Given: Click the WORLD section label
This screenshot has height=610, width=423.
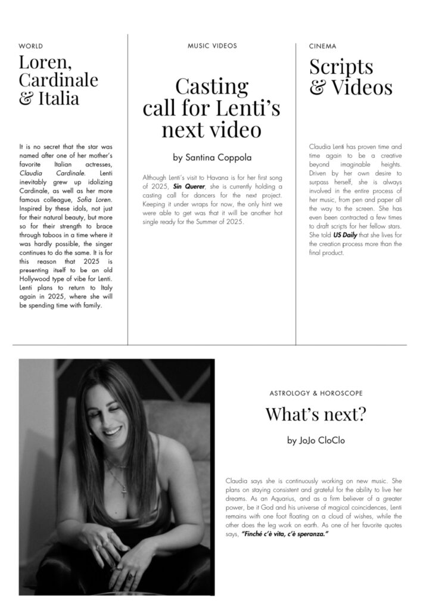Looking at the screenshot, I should [x=30, y=46].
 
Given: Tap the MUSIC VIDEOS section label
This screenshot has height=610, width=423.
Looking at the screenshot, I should [x=212, y=46].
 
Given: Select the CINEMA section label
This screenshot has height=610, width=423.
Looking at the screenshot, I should [x=322, y=46].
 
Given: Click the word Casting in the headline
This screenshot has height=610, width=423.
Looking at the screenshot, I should [x=211, y=87].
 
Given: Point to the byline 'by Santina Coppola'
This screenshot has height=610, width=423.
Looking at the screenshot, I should [x=211, y=158].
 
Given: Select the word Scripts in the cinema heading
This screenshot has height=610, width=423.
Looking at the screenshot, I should [x=341, y=66].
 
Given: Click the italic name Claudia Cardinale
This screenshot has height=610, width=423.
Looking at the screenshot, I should [x=52, y=172].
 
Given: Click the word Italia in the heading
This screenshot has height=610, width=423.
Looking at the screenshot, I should [x=58, y=98].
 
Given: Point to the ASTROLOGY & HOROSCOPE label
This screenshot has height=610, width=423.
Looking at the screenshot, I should [x=316, y=394].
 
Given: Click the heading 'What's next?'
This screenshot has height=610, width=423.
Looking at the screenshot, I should [x=315, y=414].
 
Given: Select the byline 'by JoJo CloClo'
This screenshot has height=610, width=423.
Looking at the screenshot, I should [x=315, y=441].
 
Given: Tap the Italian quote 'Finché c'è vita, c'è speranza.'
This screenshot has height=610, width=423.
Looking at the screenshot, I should [x=285, y=534].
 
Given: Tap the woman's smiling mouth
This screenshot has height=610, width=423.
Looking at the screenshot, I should [x=112, y=430].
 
